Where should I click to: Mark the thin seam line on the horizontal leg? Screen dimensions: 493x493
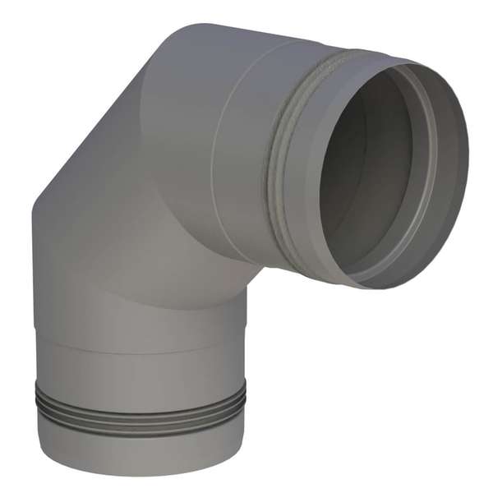click(215, 164)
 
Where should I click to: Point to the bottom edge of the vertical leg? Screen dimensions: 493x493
click(140, 474)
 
